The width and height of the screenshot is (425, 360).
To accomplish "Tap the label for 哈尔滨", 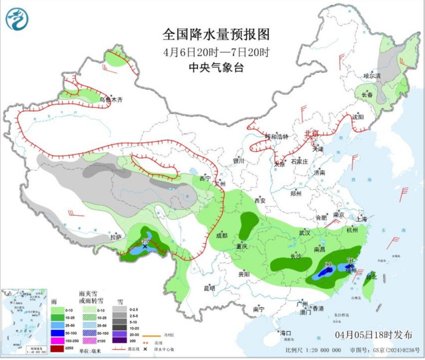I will pos(372,76).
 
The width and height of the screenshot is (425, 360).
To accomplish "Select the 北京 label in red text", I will pos(311,134).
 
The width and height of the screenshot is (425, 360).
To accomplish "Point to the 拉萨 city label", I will pos(116,237).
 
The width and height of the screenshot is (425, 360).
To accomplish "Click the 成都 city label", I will pos(222,236).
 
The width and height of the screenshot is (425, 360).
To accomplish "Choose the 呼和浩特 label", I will pos(277,137).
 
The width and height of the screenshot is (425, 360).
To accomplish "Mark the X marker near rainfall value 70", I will pos(351,266).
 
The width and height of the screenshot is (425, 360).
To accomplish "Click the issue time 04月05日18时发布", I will pos(374,335).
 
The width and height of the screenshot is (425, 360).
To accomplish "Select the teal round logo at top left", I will pos(17,19).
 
